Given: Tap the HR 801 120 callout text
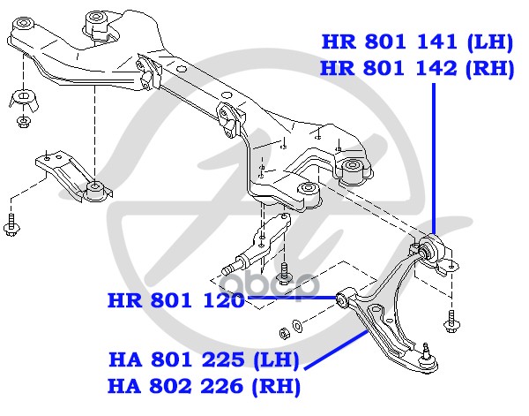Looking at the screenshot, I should pos(175,300).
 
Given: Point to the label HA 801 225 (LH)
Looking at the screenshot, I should pos(204,361).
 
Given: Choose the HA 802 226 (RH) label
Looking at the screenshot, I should pos(204,386).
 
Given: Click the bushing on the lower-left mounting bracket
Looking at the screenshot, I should pos(95,188).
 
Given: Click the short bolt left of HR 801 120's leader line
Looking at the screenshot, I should pos(285,275).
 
